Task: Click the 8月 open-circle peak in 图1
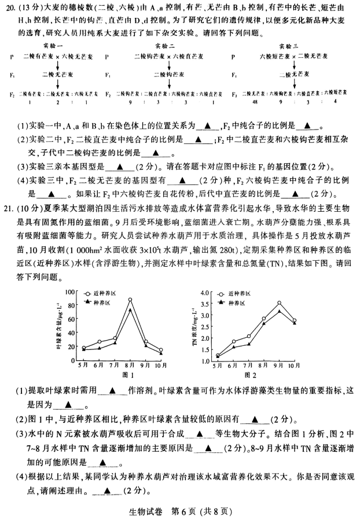click(130, 300)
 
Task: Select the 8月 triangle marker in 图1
click(130, 309)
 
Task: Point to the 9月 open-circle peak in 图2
click(279, 303)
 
